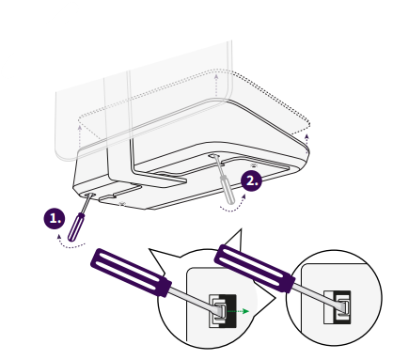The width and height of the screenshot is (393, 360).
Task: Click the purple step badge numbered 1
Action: pos(55,218)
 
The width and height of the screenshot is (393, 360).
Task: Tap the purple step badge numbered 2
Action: pos(251,180)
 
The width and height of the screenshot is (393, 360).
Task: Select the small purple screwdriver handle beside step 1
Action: pos(76,227)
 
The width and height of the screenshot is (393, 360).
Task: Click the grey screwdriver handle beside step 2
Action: pos(228,190)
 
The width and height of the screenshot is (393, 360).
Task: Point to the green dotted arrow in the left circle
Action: pos(238,311)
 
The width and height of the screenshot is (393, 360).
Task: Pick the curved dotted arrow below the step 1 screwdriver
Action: pos(71,246)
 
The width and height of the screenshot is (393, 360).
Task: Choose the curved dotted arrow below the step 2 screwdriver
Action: pos(233,207)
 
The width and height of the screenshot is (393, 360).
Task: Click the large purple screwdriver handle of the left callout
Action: pos(131,273)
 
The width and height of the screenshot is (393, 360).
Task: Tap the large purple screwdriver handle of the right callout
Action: pos(255,268)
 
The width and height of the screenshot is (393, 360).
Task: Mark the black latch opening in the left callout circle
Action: pos(223,311)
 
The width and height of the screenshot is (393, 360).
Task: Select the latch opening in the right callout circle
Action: pos(338,307)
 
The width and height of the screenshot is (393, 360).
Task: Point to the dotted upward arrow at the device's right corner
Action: pos(307,143)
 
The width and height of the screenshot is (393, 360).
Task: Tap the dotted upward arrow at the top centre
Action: pos(216,86)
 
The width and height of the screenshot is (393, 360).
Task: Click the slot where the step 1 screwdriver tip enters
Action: pos(89,196)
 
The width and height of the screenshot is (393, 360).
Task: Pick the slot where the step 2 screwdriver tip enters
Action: pos(214,155)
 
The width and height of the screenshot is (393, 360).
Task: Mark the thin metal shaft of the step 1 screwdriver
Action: pos(86,204)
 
